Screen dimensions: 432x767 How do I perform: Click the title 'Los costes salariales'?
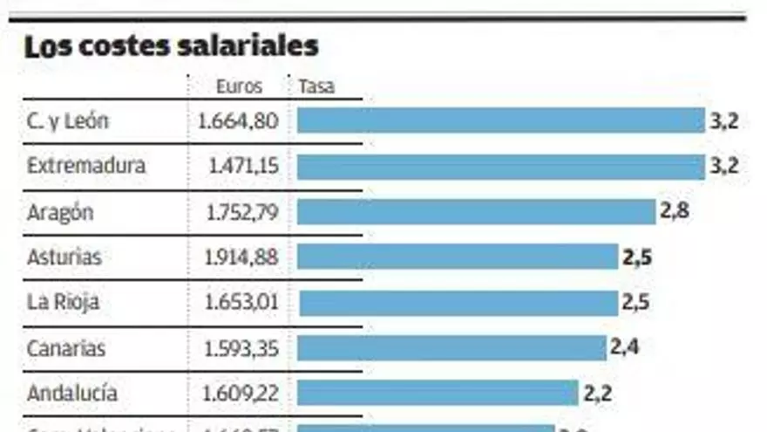tap(172, 46)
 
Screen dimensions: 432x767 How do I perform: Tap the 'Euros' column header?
tap(239, 86)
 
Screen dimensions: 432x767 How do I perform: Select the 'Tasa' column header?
tap(316, 86)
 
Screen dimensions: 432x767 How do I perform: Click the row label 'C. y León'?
tap(68, 121)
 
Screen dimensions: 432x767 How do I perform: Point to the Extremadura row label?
tap(86, 166)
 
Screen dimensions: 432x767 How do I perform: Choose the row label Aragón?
tap(60, 212)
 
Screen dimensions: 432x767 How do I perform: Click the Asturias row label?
tap(64, 257)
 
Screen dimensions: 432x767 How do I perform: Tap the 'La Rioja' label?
tap(63, 303)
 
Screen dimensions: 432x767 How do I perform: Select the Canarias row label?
tap(66, 348)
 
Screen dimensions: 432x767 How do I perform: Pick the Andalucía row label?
tap(72, 394)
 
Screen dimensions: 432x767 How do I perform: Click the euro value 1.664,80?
tap(238, 121)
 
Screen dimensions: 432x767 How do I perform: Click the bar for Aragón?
tap(476, 212)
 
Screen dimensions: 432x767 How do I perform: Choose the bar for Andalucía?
tap(438, 393)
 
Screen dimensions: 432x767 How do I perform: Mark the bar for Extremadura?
tap(500, 167)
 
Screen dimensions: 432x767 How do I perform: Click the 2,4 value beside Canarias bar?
tap(626, 347)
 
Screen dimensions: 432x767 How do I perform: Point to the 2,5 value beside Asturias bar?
tap(637, 257)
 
